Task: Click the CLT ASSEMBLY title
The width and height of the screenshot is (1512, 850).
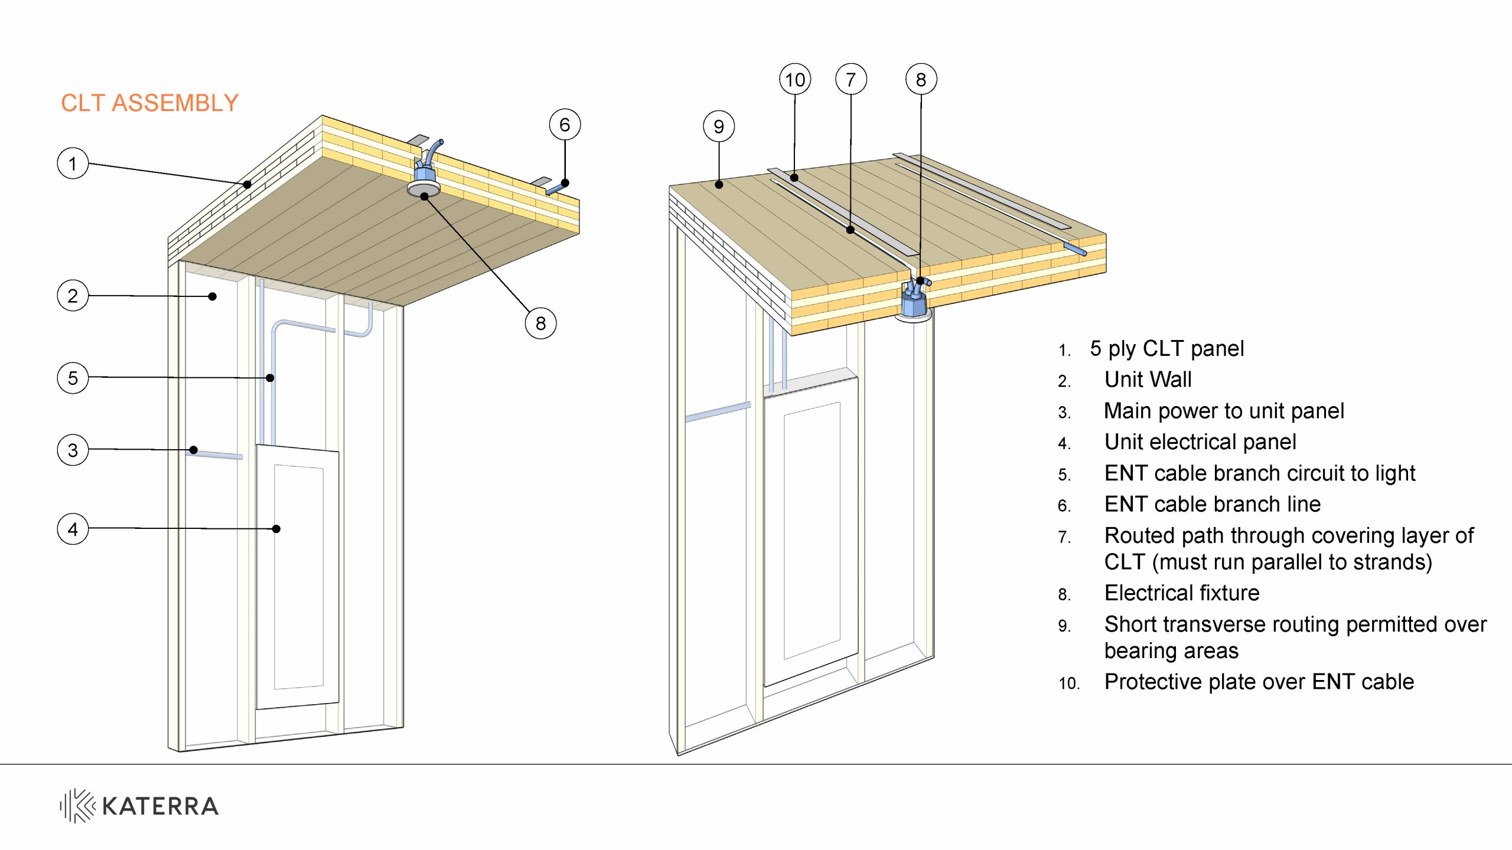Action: (x=149, y=103)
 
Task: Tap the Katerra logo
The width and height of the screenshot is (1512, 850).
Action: (x=139, y=806)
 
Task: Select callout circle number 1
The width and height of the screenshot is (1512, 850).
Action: (x=73, y=164)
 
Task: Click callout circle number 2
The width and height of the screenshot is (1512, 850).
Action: (x=73, y=296)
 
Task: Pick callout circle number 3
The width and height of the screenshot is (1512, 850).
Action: (x=73, y=450)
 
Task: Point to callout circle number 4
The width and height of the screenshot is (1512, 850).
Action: (x=73, y=529)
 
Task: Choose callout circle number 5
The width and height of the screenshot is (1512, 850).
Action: (x=73, y=378)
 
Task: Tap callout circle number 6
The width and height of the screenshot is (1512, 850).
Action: (x=565, y=125)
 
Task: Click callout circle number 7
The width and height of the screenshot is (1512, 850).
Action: (x=850, y=79)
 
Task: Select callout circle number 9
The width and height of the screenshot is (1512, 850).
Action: (x=719, y=126)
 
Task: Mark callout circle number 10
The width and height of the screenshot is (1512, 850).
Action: (x=795, y=79)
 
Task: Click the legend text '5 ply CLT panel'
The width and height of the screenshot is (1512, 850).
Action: (x=1166, y=349)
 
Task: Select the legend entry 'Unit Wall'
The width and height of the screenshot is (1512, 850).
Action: (x=1148, y=380)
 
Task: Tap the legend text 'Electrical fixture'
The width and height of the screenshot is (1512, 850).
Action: (x=1181, y=593)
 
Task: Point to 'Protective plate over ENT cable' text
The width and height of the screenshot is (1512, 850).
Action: (x=1259, y=682)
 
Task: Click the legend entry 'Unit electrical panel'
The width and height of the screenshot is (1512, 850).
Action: (x=1200, y=442)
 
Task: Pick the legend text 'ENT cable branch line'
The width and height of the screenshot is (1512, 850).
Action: (x=1212, y=505)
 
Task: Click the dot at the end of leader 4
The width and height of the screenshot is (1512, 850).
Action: (x=276, y=529)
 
